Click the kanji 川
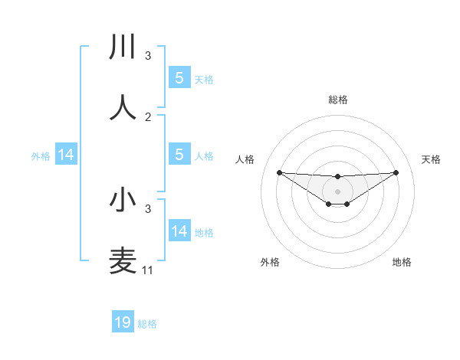pos(123,47)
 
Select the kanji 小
pos(123,200)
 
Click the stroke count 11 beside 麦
pos(148,270)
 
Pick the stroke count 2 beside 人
pos(148,116)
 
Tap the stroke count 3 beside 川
pos(148,56)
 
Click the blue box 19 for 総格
pos(123,322)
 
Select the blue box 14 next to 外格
pos(67,155)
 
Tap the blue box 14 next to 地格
pos(179,231)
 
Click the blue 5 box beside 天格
pos(179,77)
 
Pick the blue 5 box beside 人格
pos(179,155)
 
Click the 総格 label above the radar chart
pos(337,100)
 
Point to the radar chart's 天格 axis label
pos(431,159)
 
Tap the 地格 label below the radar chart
pos(402,262)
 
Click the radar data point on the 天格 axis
pos(396,172)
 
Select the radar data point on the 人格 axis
pos(279,172)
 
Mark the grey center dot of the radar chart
pos(337,191)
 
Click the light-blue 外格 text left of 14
pos(41,155)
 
